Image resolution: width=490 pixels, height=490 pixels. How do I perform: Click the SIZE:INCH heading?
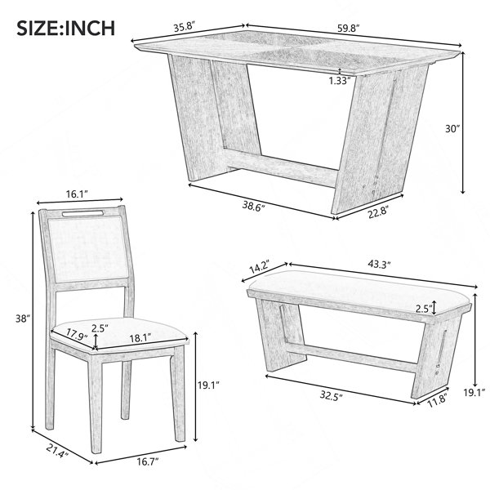(66, 28)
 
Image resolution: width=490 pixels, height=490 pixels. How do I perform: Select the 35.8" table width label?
(185, 27)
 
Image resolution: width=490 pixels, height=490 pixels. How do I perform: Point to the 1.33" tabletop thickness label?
(339, 81)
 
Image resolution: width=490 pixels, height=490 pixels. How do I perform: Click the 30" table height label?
(452, 129)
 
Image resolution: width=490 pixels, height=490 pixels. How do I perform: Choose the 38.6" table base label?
(254, 207)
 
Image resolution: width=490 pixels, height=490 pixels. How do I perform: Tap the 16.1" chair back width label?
(76, 194)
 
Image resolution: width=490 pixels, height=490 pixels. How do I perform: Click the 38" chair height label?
(23, 318)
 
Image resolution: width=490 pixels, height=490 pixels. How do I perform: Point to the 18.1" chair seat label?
(140, 337)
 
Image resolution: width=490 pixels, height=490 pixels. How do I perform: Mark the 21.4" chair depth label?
(57, 451)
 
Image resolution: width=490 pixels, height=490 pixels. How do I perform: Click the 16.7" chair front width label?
(148, 461)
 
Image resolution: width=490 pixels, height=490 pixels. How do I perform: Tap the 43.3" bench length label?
(379, 265)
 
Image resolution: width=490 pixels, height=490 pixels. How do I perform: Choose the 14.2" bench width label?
(259, 267)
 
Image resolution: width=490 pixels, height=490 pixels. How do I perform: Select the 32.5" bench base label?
(332, 396)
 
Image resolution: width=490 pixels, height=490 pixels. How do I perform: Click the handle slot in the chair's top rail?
(82, 214)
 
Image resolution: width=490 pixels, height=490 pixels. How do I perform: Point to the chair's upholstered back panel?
(88, 248)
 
